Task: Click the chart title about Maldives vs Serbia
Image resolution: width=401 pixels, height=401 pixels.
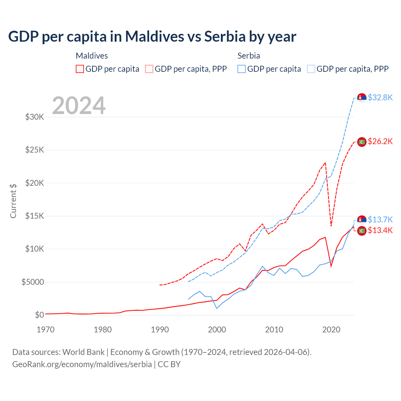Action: click(x=152, y=37)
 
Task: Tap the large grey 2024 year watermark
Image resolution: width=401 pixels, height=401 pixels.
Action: click(x=79, y=106)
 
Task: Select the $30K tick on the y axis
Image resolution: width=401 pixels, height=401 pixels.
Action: click(x=35, y=117)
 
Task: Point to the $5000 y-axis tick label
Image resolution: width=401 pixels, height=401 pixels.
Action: click(x=33, y=282)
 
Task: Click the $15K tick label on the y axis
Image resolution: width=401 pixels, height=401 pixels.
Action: click(x=35, y=216)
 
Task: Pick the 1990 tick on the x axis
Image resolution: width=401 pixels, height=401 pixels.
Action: click(x=160, y=330)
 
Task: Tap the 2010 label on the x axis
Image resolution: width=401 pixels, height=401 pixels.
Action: click(x=274, y=330)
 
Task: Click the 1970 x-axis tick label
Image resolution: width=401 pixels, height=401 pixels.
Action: click(x=46, y=330)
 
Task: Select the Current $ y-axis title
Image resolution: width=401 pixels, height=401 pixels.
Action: click(x=13, y=201)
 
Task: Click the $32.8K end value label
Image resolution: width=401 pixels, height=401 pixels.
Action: click(x=380, y=97)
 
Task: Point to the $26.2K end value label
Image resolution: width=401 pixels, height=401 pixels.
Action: click(x=380, y=141)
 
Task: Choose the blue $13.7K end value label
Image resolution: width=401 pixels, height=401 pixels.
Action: click(x=380, y=219)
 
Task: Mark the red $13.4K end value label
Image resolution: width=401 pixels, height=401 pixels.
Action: click(x=380, y=231)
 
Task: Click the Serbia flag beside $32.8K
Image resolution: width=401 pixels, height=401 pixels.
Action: click(x=362, y=98)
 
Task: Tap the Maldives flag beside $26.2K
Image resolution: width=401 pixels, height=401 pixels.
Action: click(x=362, y=142)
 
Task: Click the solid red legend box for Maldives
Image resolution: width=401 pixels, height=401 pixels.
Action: click(x=80, y=69)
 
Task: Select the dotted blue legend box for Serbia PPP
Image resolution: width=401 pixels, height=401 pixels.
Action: click(x=311, y=69)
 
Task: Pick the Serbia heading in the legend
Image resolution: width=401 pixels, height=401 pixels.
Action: click(x=249, y=56)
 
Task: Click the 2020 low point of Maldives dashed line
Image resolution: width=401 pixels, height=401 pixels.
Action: click(x=331, y=226)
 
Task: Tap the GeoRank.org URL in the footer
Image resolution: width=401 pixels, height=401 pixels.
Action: click(x=82, y=364)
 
